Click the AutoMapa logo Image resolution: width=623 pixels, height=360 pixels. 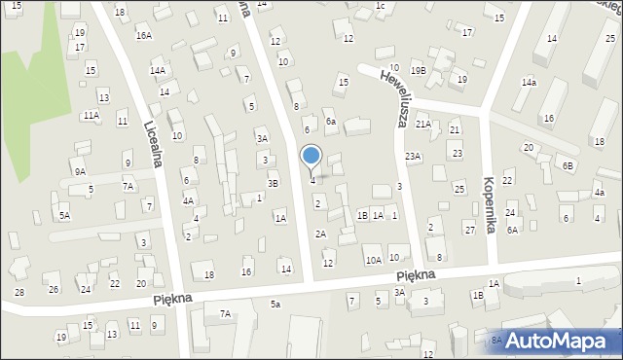pyautogui.click(x=558, y=341)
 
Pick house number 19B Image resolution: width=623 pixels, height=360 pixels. pyautogui.click(x=418, y=70)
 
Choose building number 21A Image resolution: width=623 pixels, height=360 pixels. pyautogui.click(x=422, y=124)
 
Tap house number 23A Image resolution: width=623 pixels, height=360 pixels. pyautogui.click(x=414, y=156)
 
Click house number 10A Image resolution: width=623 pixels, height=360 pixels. pyautogui.click(x=373, y=260)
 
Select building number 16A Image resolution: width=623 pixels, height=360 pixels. pyautogui.click(x=143, y=35)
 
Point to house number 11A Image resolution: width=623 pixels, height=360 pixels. pyautogui.click(x=91, y=115)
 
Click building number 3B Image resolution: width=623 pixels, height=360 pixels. pyautogui.click(x=274, y=183)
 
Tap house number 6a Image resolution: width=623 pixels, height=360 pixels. pyautogui.click(x=331, y=122)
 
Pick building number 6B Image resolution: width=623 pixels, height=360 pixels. pyautogui.click(x=568, y=165)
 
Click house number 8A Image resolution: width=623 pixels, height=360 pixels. pyautogui.click(x=496, y=340)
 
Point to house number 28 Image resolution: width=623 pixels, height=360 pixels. pyautogui.click(x=18, y=292)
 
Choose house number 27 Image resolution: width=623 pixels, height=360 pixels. pyautogui.click(x=469, y=230)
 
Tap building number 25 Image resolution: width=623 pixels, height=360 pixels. pyautogui.click(x=458, y=189)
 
